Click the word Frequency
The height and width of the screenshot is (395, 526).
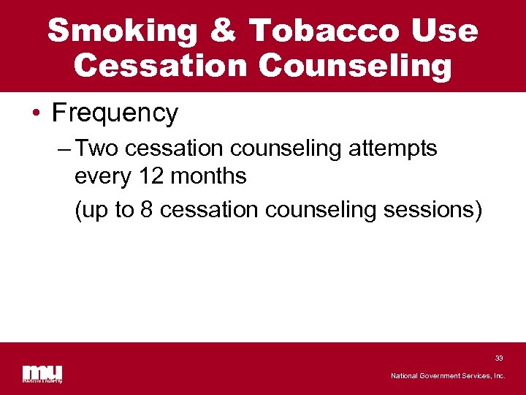[x=115, y=113]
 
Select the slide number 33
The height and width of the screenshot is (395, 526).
[x=499, y=358]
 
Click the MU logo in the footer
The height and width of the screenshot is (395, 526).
[x=42, y=372]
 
